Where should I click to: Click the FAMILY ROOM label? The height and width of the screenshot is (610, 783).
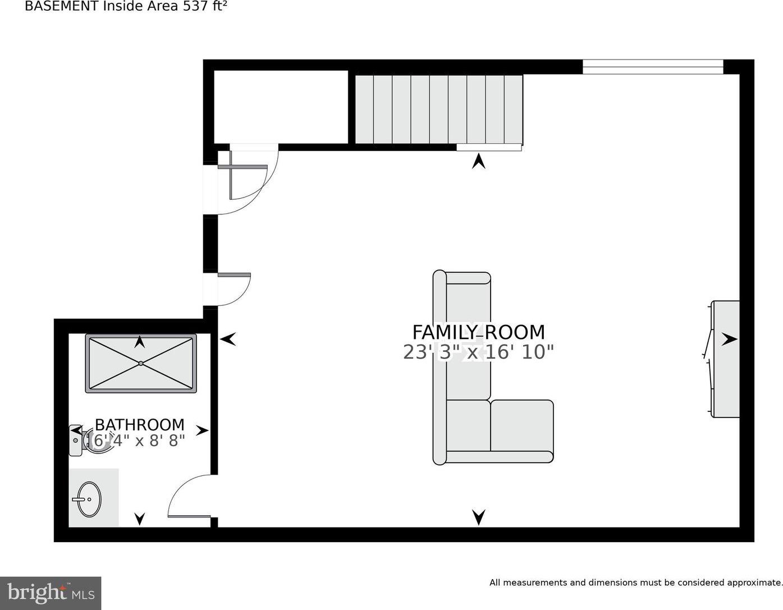tap(478, 332)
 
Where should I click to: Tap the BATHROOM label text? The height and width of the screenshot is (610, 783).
tap(139, 425)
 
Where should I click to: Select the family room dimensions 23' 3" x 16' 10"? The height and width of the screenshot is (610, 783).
tap(478, 352)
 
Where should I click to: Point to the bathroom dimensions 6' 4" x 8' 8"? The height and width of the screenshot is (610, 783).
tap(139, 441)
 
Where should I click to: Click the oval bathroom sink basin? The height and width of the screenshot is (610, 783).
tap(89, 499)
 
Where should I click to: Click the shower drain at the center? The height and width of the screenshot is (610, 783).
tap(141, 363)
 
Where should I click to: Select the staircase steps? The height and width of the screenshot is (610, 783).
tap(439, 109)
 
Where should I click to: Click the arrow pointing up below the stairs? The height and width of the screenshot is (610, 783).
tap(479, 161)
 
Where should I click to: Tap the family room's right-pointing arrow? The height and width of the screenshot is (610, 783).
tap(729, 339)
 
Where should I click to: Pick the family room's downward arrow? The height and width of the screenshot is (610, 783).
tap(479, 517)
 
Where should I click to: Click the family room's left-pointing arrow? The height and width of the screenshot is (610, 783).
tap(228, 339)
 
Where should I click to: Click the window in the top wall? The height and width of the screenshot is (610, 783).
tap(653, 67)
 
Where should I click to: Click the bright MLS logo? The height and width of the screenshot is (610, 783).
tap(51, 593)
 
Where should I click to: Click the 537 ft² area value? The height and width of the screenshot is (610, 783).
tap(205, 7)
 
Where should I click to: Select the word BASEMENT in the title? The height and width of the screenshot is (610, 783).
tap(62, 7)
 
